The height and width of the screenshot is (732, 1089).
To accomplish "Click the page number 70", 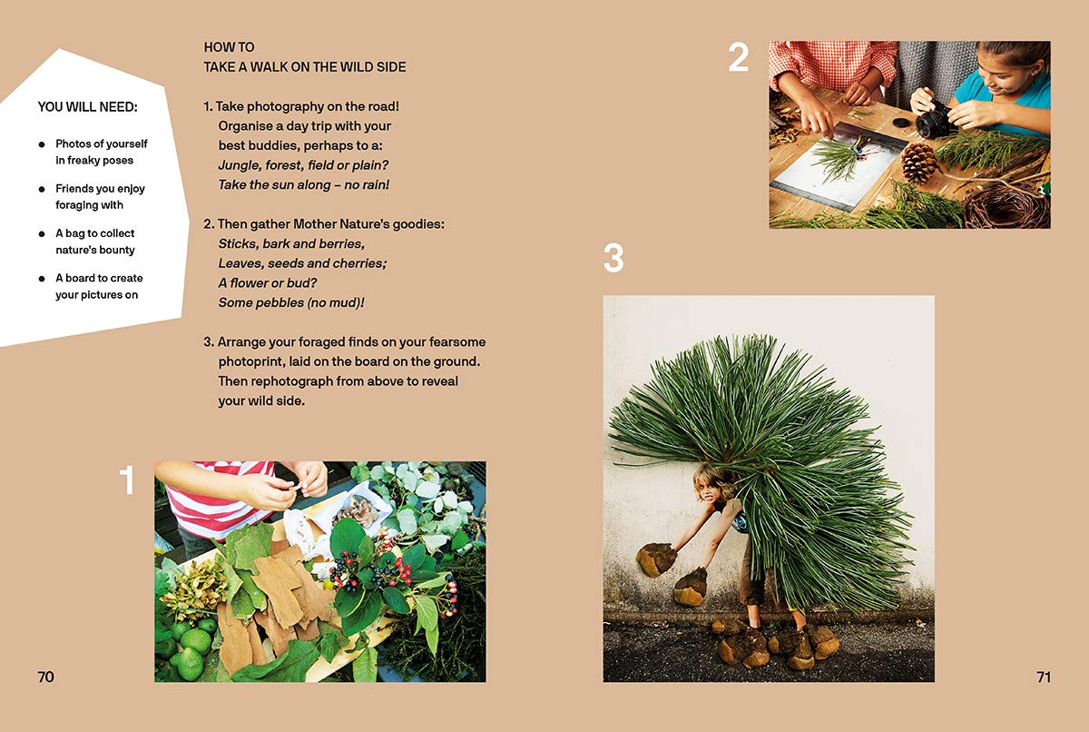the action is click(x=45, y=677).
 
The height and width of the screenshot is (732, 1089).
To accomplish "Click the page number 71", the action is click(x=1044, y=677).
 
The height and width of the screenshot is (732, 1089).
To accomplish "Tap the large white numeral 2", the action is click(x=738, y=57).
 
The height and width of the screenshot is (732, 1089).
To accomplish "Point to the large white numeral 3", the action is click(x=613, y=257).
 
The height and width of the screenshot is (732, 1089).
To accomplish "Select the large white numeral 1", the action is click(x=127, y=480).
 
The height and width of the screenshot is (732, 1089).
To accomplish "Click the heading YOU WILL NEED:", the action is click(x=87, y=106).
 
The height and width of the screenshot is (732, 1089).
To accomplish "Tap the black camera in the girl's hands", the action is click(x=933, y=120).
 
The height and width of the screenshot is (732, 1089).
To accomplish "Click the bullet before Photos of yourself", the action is click(x=42, y=144).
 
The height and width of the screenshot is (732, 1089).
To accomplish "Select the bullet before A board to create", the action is click(x=42, y=279).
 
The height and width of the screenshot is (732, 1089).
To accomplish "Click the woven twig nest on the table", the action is click(x=1003, y=204).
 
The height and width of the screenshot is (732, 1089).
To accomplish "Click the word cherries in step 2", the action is click(x=360, y=263).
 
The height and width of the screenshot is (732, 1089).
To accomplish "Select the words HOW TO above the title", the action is click(x=229, y=47).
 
